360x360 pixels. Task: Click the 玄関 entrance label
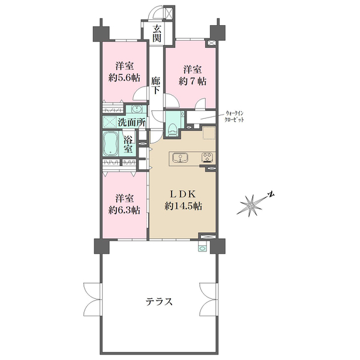click(157, 34)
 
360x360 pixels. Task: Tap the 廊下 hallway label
click(155, 85)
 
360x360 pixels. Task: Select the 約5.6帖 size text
click(124, 78)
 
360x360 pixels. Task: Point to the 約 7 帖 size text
click(193, 81)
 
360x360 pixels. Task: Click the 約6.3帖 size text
click(124, 210)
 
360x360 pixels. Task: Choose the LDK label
click(183, 194)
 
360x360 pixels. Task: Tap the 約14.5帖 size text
click(184, 206)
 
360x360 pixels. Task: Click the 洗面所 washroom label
click(132, 122)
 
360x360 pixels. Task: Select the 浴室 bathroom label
click(128, 144)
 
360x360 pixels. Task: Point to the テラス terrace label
click(159, 301)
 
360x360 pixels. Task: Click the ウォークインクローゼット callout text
click(234, 116)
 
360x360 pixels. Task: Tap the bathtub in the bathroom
click(110, 144)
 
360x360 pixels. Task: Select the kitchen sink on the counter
click(181, 158)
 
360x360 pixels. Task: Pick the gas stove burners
click(208, 157)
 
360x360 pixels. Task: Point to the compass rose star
click(250, 205)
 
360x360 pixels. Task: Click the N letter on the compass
click(271, 194)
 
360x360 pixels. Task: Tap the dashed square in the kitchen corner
click(209, 133)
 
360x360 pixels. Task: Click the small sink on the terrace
click(202, 248)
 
